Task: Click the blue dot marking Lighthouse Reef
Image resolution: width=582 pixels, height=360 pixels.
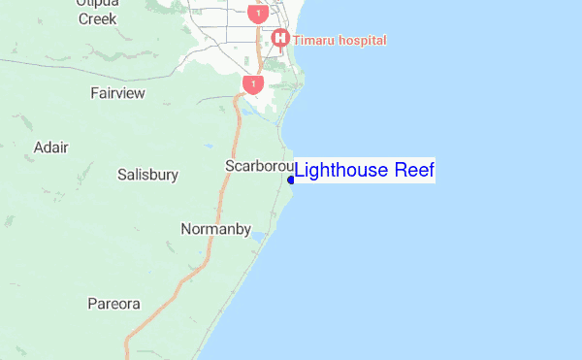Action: pyautogui.click(x=291, y=179)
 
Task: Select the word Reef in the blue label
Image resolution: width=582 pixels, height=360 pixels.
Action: pyautogui.click(x=415, y=171)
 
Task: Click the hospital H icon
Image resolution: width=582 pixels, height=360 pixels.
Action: pyautogui.click(x=280, y=39)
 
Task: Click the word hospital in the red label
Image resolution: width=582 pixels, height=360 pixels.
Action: pyautogui.click(x=362, y=41)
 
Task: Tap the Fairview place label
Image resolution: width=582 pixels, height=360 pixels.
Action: pyautogui.click(x=117, y=93)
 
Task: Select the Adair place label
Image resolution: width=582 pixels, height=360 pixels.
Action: pyautogui.click(x=50, y=147)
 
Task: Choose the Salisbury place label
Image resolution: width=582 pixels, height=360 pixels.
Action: pyautogui.click(x=147, y=176)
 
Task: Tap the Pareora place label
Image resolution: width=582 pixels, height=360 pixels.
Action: pyautogui.click(x=113, y=304)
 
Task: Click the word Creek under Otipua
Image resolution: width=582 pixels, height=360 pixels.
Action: pyautogui.click(x=97, y=18)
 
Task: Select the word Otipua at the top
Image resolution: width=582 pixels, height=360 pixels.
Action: pyautogui.click(x=97, y=3)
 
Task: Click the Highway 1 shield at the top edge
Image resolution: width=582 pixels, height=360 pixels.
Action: pyautogui.click(x=256, y=13)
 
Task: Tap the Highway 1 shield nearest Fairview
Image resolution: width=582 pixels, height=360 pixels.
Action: pyautogui.click(x=253, y=84)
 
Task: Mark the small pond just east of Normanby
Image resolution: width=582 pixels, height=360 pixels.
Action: pyautogui.click(x=258, y=236)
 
